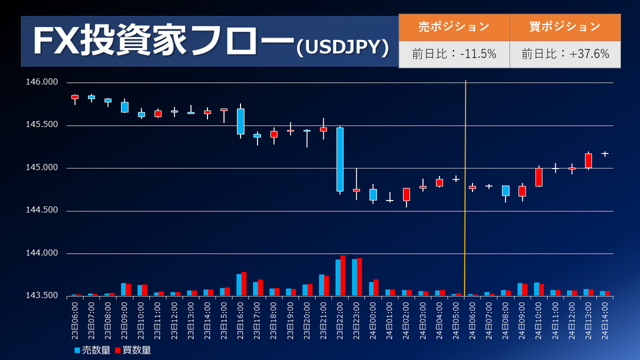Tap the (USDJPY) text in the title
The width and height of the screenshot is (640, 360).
(342, 47)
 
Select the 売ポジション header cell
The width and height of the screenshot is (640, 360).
(454, 26)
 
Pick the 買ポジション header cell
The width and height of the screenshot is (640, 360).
(565, 26)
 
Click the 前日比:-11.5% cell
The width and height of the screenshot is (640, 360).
(454, 54)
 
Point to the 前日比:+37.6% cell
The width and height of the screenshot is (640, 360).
(565, 54)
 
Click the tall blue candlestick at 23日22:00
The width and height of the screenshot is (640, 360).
(340, 159)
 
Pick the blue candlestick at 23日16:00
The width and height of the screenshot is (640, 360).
(241, 121)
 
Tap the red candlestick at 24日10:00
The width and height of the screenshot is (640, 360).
(539, 177)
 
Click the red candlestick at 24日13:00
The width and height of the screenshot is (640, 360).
(588, 161)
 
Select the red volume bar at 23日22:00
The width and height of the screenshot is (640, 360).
(342, 275)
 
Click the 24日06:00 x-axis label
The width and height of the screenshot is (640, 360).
(472, 320)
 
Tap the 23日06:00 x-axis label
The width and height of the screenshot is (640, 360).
(75, 320)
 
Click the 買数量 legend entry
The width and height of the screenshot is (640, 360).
(133, 350)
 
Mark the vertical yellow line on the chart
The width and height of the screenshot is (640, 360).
(466, 187)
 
